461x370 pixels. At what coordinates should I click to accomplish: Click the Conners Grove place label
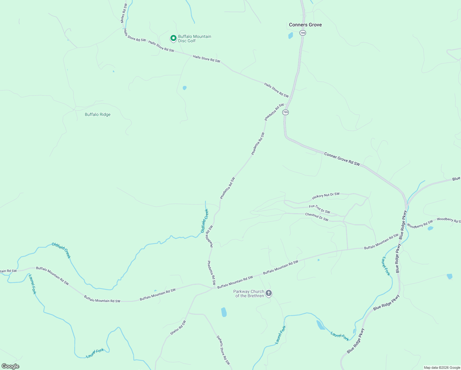(305, 25)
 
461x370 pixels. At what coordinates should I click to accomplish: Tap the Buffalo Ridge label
(97, 115)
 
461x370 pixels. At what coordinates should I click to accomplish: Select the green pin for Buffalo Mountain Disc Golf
(173, 38)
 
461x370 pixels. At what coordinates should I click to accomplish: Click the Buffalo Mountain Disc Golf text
(194, 39)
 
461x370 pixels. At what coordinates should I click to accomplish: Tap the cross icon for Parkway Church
(268, 293)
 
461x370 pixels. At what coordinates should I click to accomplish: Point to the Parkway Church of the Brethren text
(249, 294)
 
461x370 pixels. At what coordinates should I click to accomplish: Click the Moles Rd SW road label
(123, 14)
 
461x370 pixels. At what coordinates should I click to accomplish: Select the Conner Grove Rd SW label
(342, 159)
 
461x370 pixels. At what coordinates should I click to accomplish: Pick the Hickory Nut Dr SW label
(326, 196)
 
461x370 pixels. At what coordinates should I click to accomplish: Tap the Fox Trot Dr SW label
(320, 209)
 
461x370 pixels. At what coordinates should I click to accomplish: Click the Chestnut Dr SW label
(316, 217)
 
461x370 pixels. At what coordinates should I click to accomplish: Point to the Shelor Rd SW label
(178, 328)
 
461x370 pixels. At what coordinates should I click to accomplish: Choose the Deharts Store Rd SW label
(223, 350)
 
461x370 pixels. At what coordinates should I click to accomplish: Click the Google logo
(10, 366)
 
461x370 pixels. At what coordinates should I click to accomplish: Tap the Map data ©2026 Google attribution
(442, 368)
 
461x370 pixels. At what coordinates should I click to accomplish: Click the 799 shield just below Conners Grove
(303, 33)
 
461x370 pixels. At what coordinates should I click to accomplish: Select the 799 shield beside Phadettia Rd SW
(286, 112)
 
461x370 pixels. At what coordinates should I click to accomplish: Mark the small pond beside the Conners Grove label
(291, 35)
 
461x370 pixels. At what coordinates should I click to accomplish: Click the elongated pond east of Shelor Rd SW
(224, 312)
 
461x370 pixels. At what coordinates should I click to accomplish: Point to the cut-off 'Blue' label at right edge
(456, 179)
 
